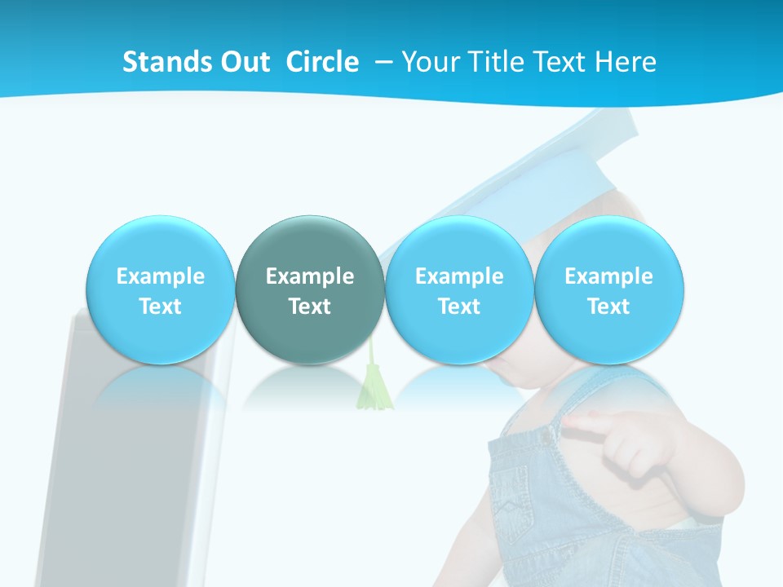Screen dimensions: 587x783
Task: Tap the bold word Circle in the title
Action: pos(322,62)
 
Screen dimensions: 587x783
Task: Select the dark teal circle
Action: pos(310,289)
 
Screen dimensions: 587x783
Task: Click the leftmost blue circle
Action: pos(161,289)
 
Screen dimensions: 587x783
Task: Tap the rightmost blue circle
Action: pos(609,289)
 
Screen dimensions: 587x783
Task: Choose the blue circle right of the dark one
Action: pos(459,289)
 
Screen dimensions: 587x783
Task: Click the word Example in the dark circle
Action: pos(310,276)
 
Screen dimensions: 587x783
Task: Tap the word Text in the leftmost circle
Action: pos(161,307)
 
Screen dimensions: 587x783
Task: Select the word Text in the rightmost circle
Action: pos(609,307)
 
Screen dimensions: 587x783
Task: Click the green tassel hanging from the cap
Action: pos(374,388)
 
